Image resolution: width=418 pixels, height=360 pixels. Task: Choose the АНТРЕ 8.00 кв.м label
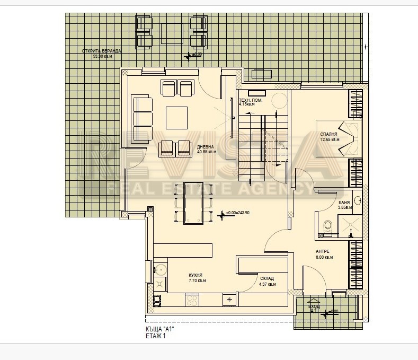tap(324, 254)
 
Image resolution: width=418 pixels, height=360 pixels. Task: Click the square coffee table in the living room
tap(176, 117)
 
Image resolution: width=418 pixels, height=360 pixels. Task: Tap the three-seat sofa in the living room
tap(142, 120)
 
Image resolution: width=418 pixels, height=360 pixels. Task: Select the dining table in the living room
tap(193, 203)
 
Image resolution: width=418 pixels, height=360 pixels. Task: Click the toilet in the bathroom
tap(328, 226)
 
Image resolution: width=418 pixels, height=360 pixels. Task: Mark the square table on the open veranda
tap(172, 33)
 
